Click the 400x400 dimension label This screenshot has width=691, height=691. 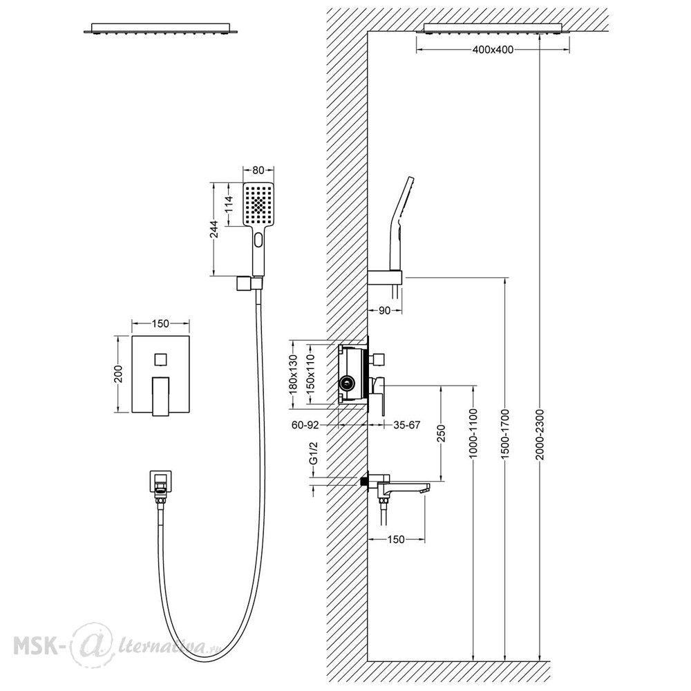pyautogui.click(x=493, y=50)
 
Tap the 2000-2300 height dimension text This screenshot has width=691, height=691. pyautogui.click(x=540, y=435)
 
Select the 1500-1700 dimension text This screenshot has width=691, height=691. pyautogui.click(x=505, y=435)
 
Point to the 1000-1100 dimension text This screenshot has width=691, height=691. pyautogui.click(x=473, y=434)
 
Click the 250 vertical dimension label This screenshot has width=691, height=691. pyautogui.click(x=441, y=433)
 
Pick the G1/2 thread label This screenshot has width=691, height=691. pyautogui.click(x=313, y=454)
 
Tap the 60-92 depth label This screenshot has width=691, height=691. pyautogui.click(x=305, y=425)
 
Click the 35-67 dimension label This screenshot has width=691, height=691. pyautogui.click(x=406, y=425)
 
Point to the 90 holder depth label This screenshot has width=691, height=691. pyautogui.click(x=384, y=311)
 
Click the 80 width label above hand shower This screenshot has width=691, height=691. pyautogui.click(x=258, y=170)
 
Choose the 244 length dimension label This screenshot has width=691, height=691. pyautogui.click(x=214, y=229)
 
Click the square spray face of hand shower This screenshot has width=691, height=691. pyautogui.click(x=258, y=205)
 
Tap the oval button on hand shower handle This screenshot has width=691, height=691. pyautogui.click(x=258, y=241)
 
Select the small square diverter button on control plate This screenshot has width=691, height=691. pyautogui.click(x=160, y=359)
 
